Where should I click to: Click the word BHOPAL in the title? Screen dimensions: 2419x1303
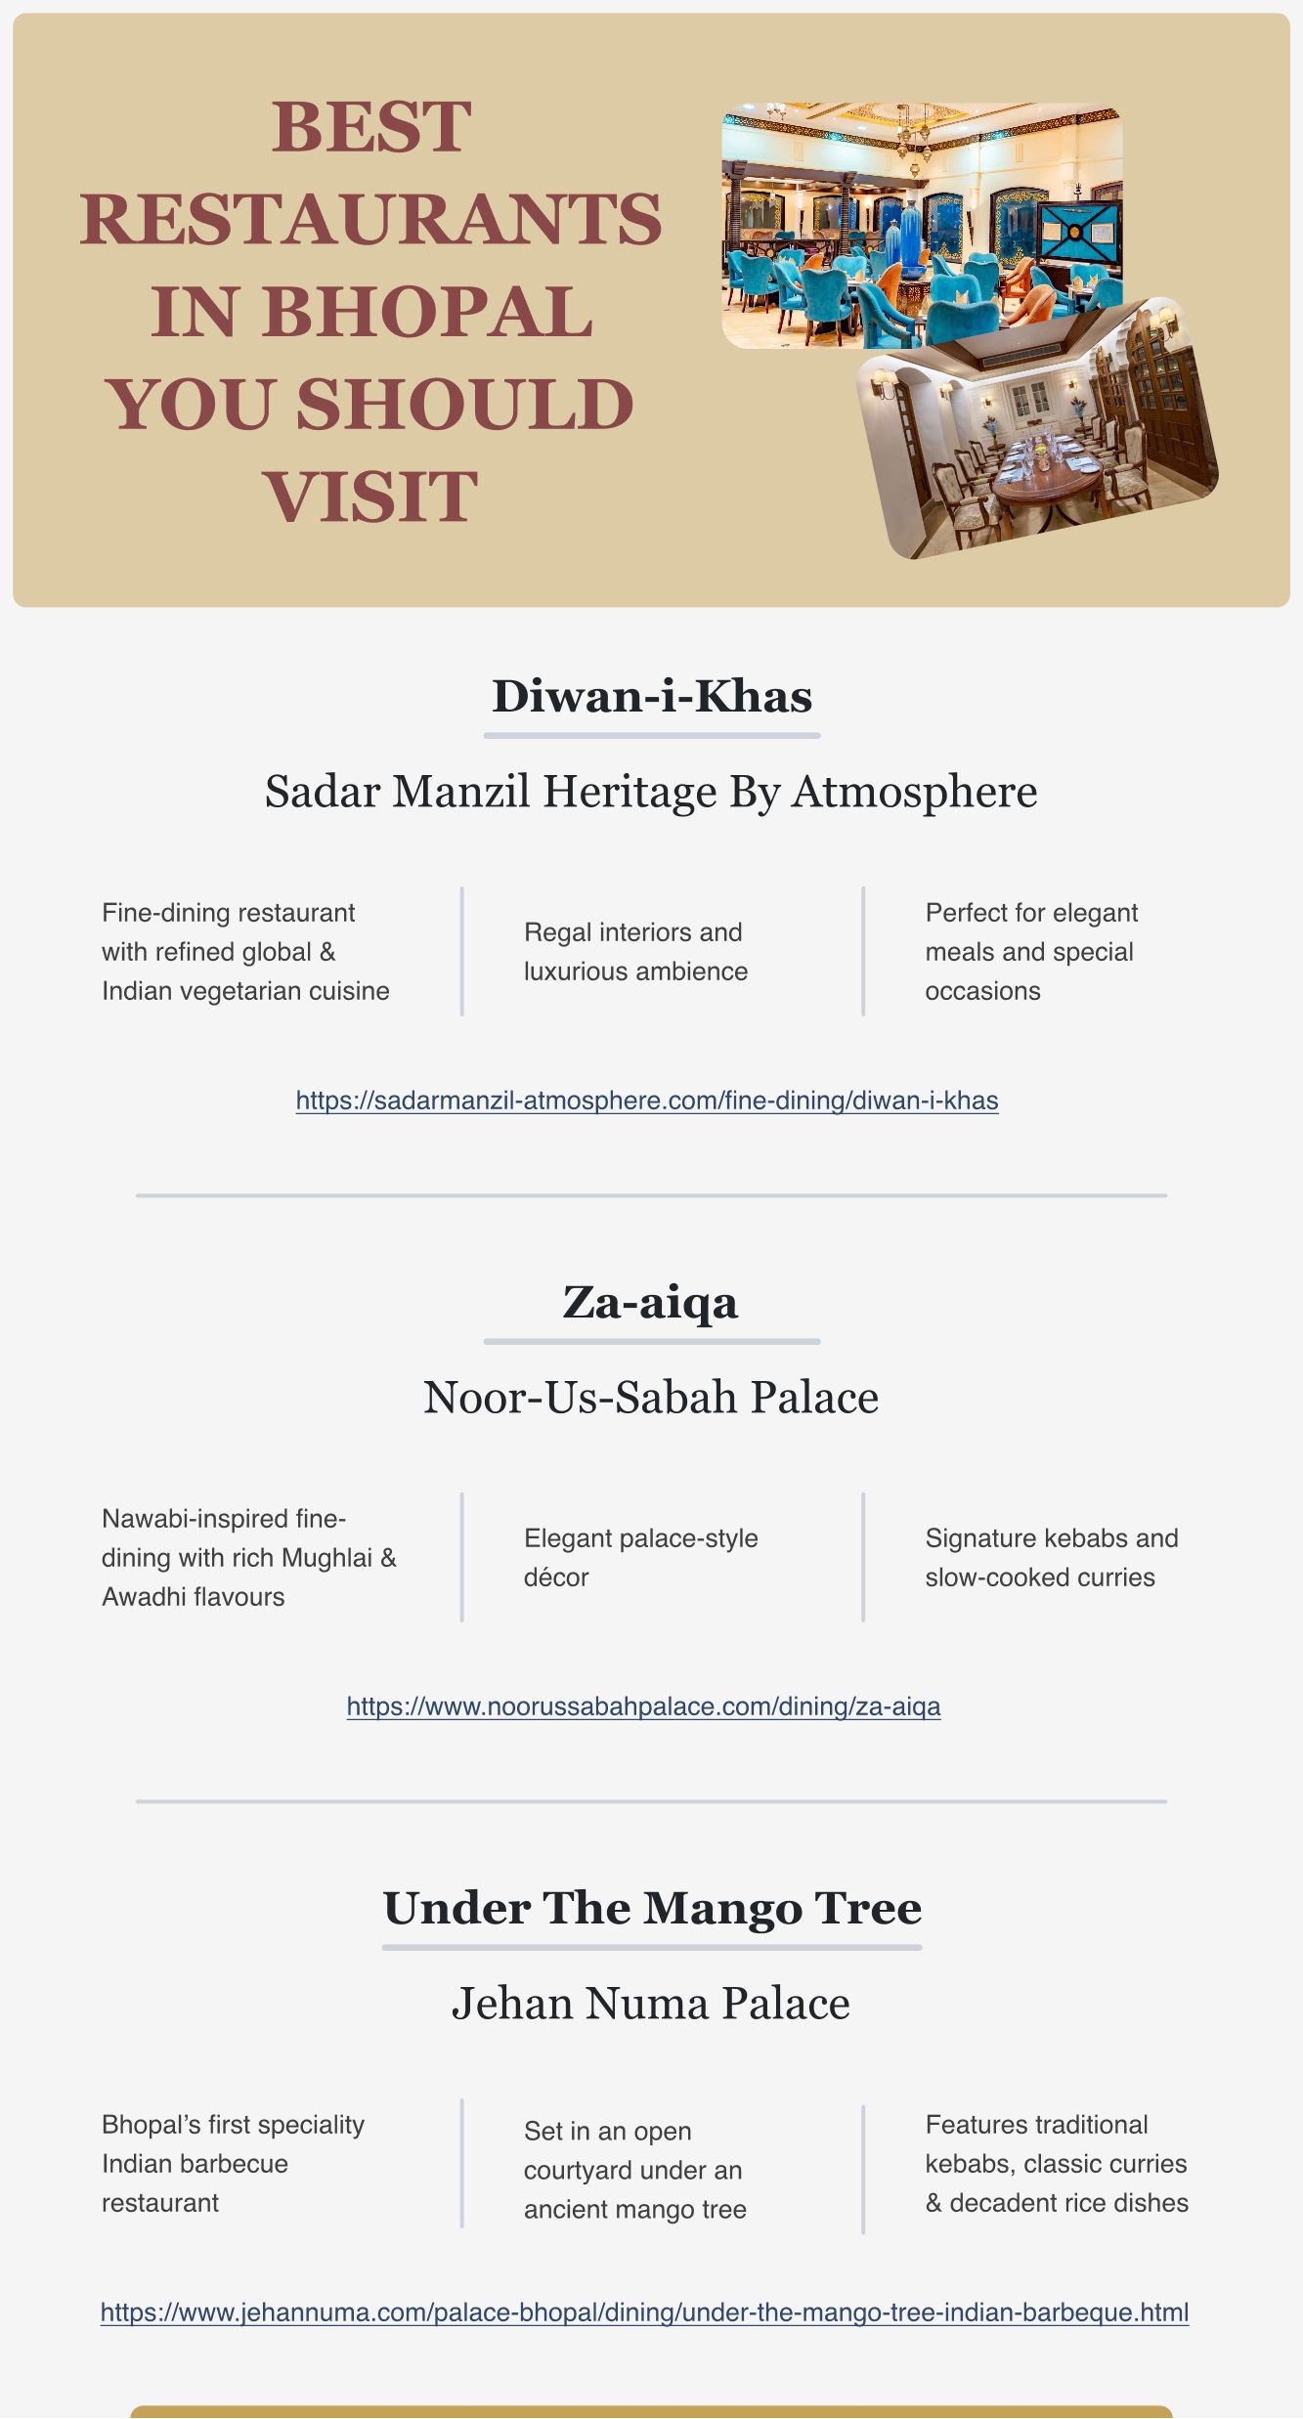(x=427, y=312)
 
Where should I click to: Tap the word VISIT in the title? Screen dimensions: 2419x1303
(x=370, y=497)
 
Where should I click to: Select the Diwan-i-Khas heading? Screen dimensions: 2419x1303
(x=652, y=696)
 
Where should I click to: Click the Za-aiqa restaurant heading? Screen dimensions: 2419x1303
(x=650, y=1302)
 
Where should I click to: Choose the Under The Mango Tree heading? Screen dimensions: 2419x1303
(x=652, y=1908)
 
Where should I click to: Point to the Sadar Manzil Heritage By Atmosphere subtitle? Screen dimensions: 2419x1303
(x=651, y=792)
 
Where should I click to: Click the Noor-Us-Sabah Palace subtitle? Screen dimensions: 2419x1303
(x=651, y=1398)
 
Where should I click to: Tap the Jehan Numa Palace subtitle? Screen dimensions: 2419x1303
(x=651, y=2004)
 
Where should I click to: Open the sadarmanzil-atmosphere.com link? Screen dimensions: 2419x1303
(x=647, y=1101)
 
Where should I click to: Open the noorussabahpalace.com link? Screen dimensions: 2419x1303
(x=643, y=1706)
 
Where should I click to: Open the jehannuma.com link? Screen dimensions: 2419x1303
(x=644, y=2312)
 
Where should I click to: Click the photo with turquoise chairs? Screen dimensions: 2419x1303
(x=880, y=215)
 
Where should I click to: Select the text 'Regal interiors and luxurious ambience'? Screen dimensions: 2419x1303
(x=635, y=952)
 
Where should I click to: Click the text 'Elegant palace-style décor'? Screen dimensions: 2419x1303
(x=640, y=1558)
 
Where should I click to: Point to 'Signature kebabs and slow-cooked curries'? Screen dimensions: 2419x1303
(x=1052, y=1558)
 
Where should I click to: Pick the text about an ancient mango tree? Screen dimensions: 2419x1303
(x=634, y=2170)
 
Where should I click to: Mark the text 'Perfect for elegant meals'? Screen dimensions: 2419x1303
(x=1031, y=932)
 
